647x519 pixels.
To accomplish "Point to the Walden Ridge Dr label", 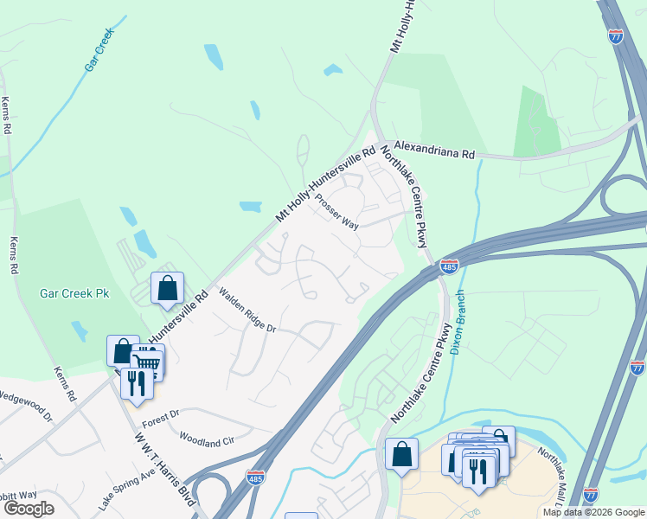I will pos(247,311).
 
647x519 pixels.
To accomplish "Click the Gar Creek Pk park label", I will pos(73,293).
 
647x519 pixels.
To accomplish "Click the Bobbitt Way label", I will pos(17,494).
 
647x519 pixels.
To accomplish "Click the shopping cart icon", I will pos(148,362).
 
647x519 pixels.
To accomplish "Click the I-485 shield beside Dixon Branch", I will pos(449,266).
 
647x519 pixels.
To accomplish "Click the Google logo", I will pos(29,509).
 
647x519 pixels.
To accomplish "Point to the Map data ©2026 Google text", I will pos(593,513).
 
